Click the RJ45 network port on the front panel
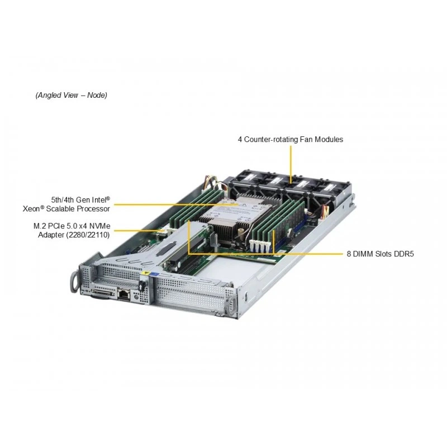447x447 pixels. pos(124,294)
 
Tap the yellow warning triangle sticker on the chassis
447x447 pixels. pos(146,273)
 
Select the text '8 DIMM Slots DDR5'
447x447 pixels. pos(380,254)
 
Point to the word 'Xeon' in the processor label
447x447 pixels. pos(31,208)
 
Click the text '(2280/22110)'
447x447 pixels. pos(88,235)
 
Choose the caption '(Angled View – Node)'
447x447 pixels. pos(72,95)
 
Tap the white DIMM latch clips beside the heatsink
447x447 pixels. pos(260,246)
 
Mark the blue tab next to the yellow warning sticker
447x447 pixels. pos(154,274)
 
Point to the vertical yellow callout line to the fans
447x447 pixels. pos(291,164)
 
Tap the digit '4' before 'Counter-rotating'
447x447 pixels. pos(240,139)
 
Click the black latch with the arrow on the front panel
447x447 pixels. pos(142,286)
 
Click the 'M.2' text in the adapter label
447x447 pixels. pos(40,226)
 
